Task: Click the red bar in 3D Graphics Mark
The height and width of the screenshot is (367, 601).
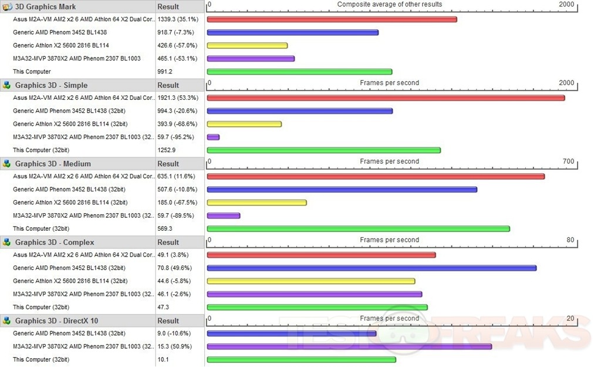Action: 332,19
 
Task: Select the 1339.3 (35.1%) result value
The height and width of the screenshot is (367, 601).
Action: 177,19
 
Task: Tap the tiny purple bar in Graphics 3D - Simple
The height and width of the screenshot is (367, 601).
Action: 213,137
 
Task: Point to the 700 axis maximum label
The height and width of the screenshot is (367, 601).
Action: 568,161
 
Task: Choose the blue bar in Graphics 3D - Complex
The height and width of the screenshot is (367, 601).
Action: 372,268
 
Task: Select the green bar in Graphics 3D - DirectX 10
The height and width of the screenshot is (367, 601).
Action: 301,359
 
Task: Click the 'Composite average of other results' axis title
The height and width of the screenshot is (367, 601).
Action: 390,5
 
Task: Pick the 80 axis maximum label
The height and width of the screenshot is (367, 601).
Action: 570,240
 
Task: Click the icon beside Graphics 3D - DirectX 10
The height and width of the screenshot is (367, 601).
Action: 7,321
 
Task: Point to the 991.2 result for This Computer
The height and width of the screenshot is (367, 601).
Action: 165,72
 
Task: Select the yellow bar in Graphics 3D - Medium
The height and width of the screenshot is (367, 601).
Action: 256,203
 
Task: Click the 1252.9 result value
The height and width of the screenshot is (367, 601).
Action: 167,150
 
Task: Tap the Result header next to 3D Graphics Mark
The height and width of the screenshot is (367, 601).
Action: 168,7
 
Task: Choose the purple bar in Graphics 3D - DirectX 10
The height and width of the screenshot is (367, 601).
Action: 349,346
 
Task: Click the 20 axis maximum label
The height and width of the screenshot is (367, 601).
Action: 570,318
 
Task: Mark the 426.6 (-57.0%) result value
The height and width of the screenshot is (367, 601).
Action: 177,45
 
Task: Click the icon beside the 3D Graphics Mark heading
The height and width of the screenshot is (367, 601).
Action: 7,7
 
